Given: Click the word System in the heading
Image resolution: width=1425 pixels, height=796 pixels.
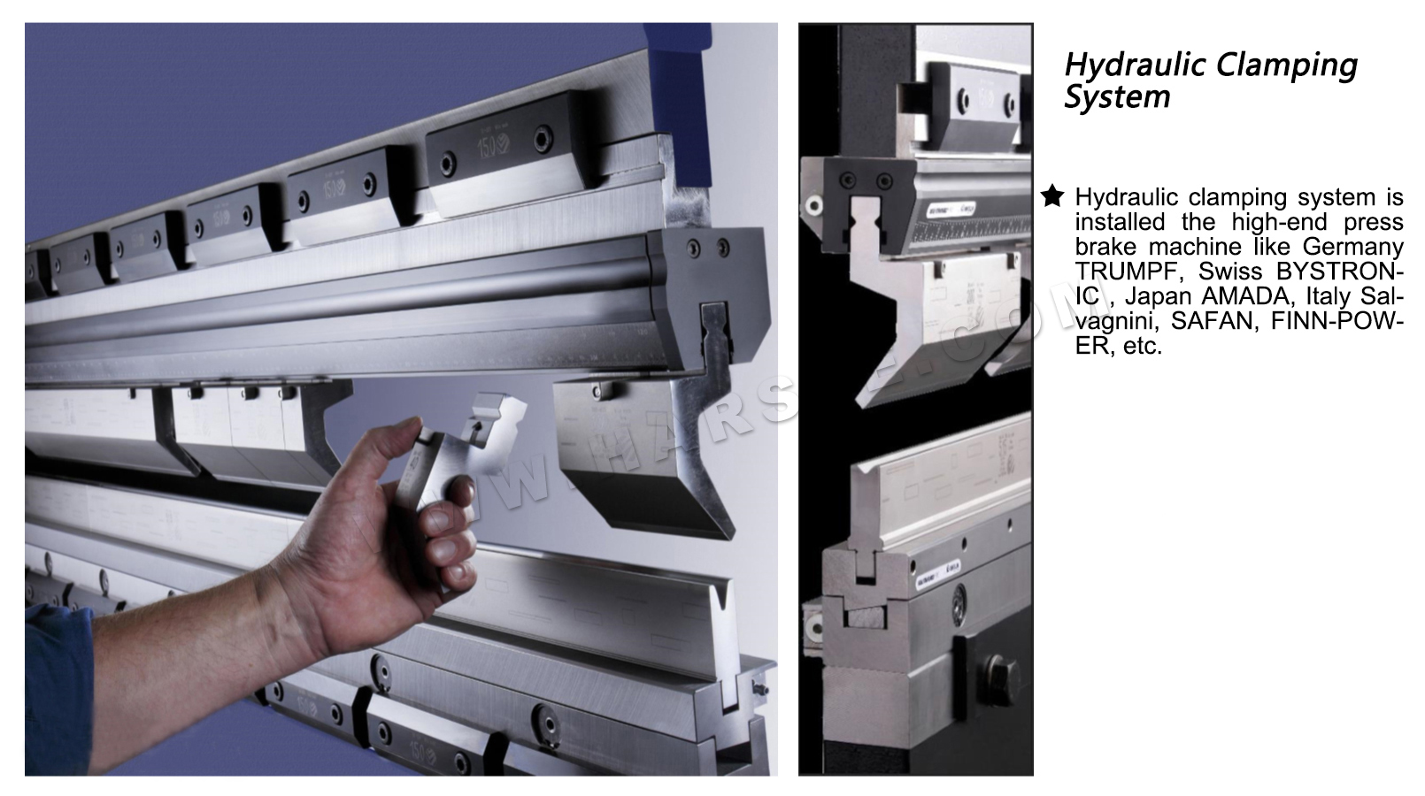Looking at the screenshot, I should pos(1117,97).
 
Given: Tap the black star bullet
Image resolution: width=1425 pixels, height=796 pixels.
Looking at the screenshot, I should pos(1051,196).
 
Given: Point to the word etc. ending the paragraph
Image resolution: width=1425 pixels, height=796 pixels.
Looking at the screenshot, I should pos(1142,346).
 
